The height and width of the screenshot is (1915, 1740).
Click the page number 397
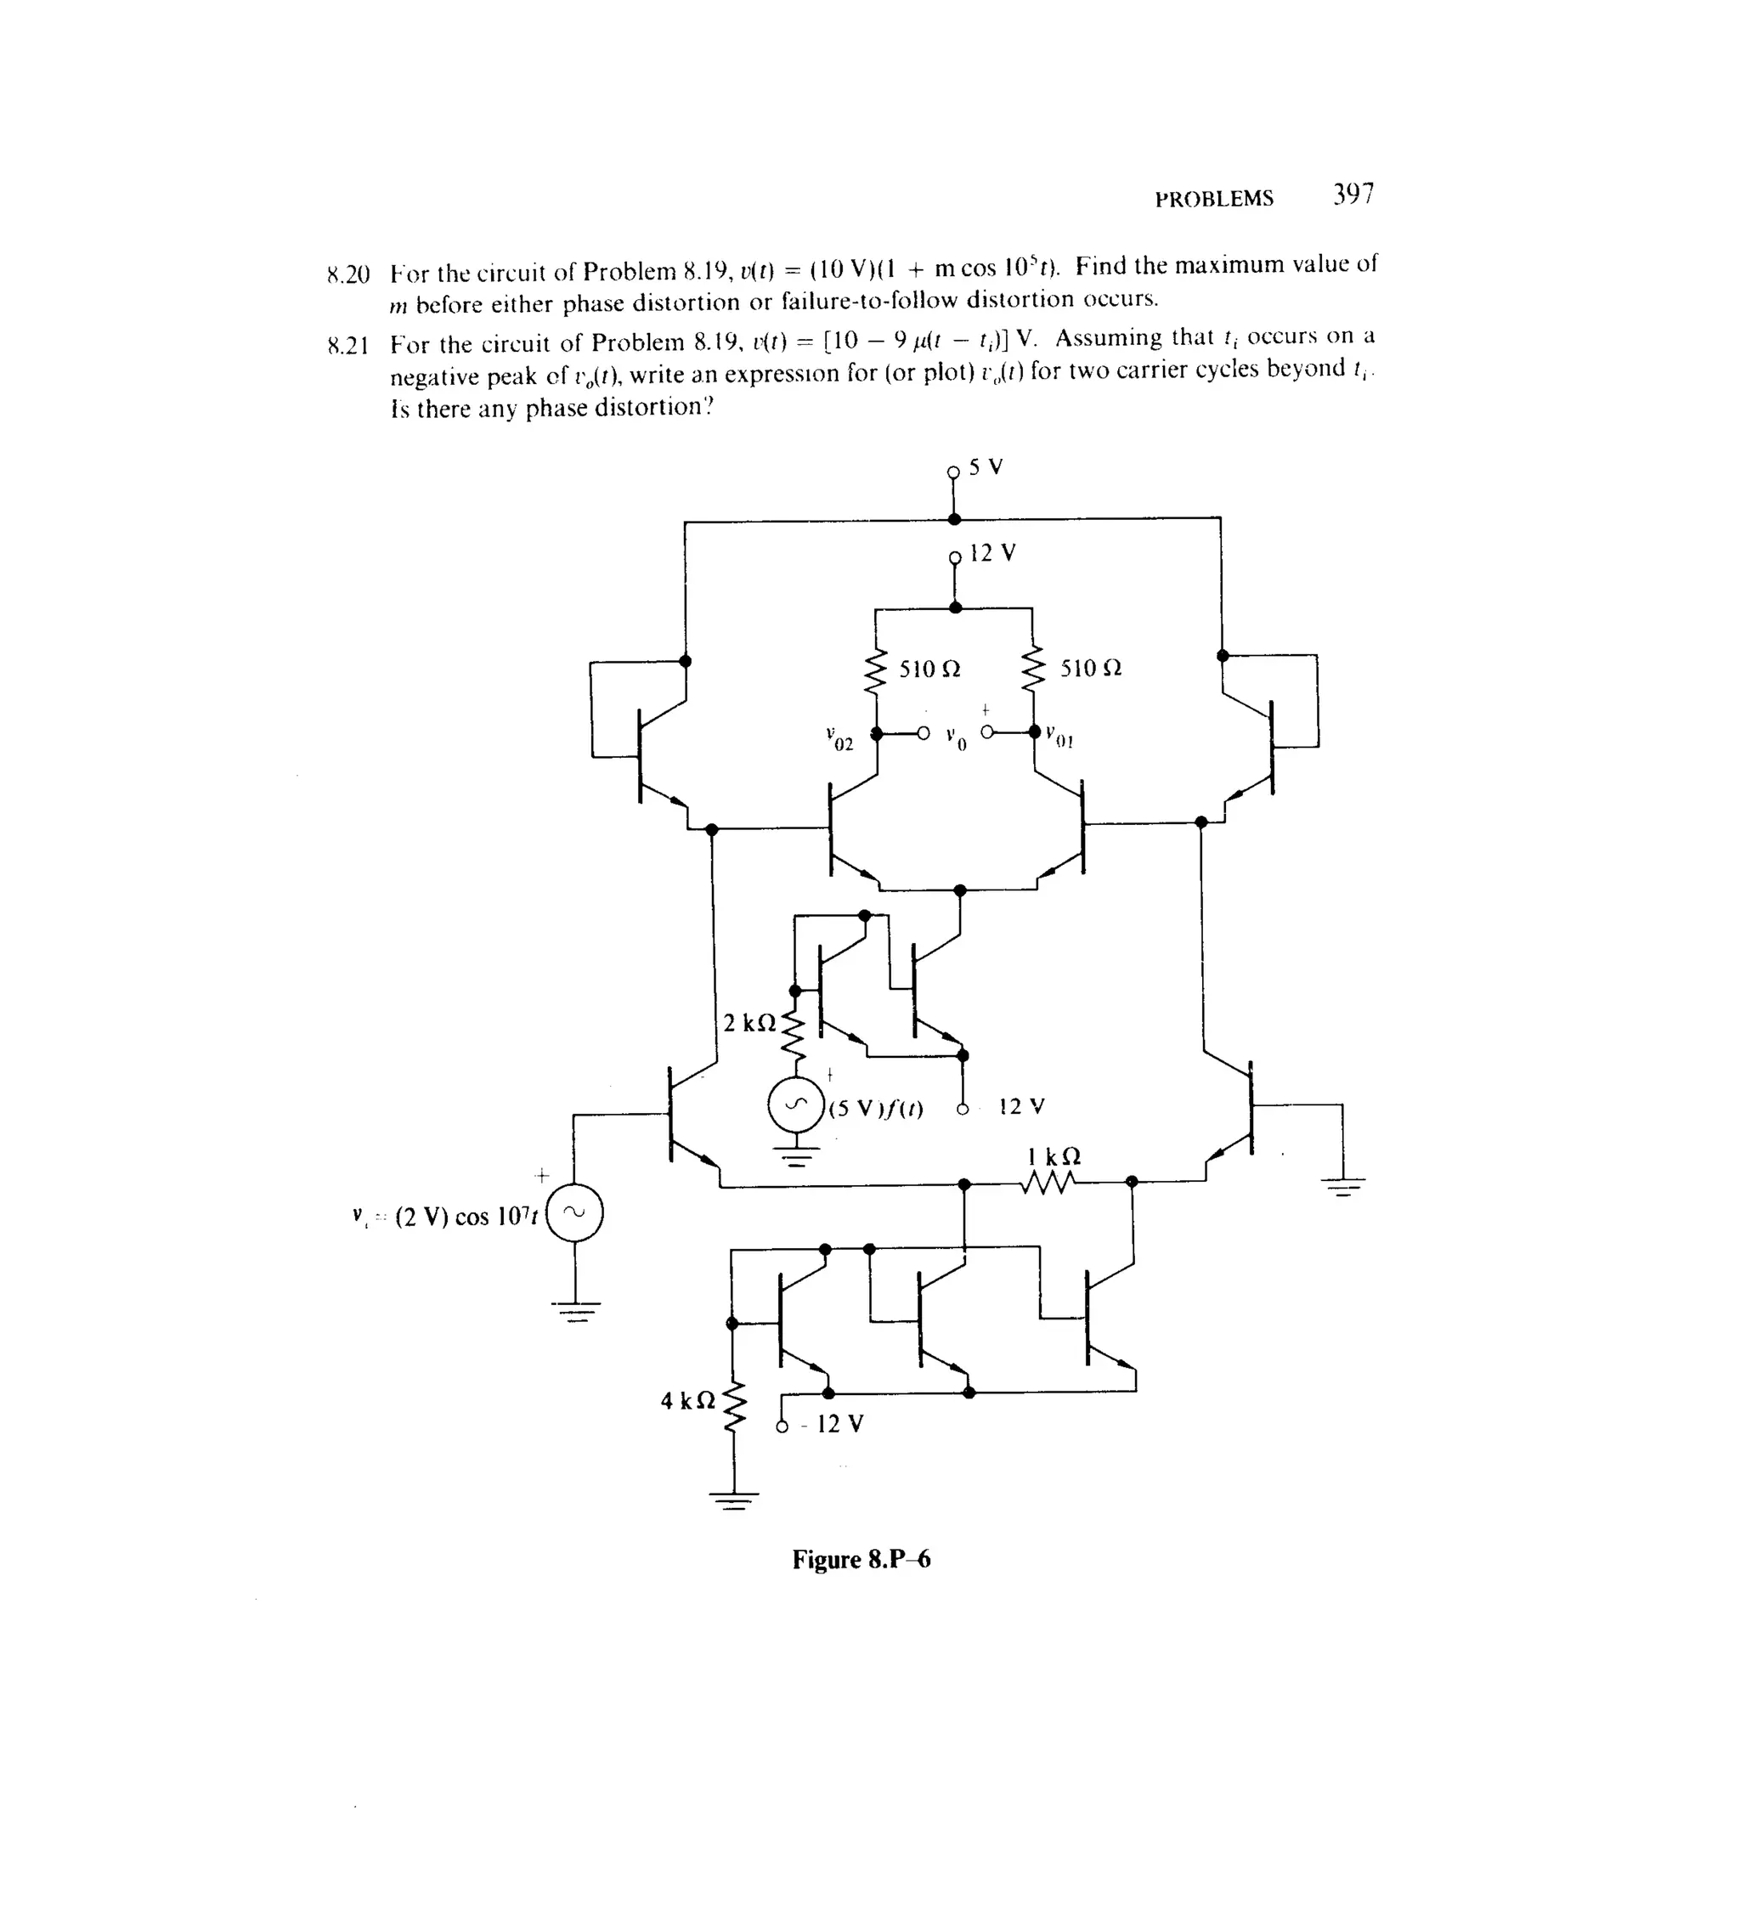pyautogui.click(x=1353, y=195)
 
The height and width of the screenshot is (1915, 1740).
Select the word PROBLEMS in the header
pyautogui.click(x=1214, y=200)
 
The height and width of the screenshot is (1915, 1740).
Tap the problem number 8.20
pyautogui.click(x=347, y=275)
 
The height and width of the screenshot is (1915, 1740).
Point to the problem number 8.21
pyautogui.click(x=347, y=346)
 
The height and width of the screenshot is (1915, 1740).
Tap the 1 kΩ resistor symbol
pyautogui.click(x=1048, y=1183)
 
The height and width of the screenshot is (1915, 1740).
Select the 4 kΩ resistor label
pyautogui.click(x=687, y=1400)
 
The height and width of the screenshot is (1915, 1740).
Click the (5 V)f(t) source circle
pyautogui.click(x=796, y=1105)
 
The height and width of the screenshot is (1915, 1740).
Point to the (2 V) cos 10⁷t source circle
pyautogui.click(x=574, y=1214)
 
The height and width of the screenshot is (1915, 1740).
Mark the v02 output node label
pyautogui.click(x=839, y=738)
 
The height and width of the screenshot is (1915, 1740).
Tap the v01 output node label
pyautogui.click(x=1059, y=736)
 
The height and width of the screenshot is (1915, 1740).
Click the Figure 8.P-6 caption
pyautogui.click(x=862, y=1560)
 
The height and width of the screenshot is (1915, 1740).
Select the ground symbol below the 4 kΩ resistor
pyautogui.click(x=733, y=1502)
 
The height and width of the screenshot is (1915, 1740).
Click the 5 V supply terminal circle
pyautogui.click(x=954, y=472)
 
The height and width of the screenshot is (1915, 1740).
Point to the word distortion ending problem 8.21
pyautogui.click(x=645, y=409)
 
